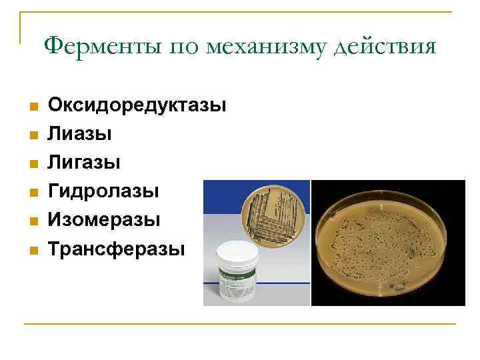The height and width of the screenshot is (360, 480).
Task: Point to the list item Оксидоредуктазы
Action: point(137,105)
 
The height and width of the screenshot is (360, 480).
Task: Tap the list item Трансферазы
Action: point(116,250)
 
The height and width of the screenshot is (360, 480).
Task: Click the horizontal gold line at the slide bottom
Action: point(240,324)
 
